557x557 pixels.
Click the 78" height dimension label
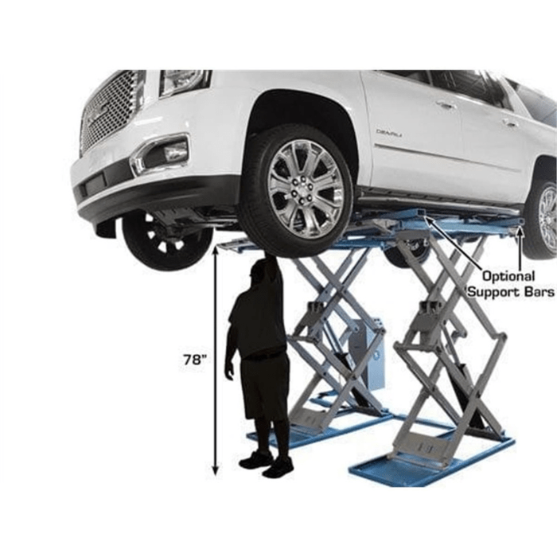click(194, 359)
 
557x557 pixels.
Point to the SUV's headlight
click(185, 81)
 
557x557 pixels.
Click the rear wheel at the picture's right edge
click(543, 218)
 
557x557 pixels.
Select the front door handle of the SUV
click(446, 104)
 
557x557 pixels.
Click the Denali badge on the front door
click(389, 133)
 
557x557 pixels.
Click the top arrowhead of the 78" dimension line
click(215, 251)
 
